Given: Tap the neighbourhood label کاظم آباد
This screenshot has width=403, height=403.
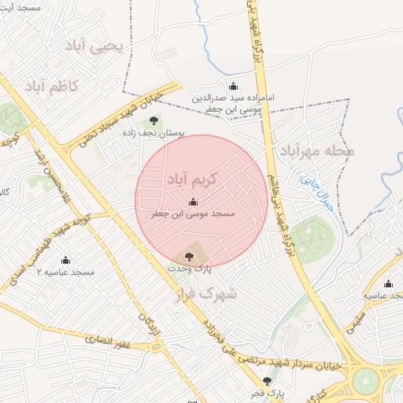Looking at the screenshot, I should pos(51,86).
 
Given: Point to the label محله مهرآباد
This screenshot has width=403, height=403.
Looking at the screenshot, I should pos(314,150).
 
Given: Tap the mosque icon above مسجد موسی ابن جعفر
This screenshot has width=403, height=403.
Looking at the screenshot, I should pos(194,201).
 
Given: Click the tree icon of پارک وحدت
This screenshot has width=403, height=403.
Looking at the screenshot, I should pos(187,256).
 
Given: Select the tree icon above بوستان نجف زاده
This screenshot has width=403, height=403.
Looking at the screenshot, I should pos(153,120).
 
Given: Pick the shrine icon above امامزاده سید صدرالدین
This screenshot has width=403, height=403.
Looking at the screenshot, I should pos(232,87).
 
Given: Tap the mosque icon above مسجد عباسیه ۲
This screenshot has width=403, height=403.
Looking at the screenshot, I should pos(65,259).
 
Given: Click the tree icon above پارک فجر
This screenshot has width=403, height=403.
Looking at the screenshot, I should pos(267,379).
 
